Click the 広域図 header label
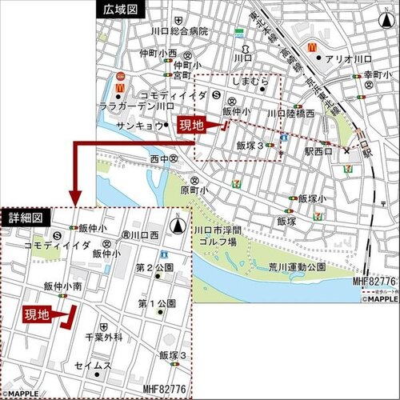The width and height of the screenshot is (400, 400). click(120, 9)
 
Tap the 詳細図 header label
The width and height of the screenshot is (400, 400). click(26, 218)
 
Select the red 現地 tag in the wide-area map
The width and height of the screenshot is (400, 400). click(191, 124)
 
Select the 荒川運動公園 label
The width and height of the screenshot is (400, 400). click(297, 266)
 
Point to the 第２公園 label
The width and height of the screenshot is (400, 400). click(155, 267)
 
